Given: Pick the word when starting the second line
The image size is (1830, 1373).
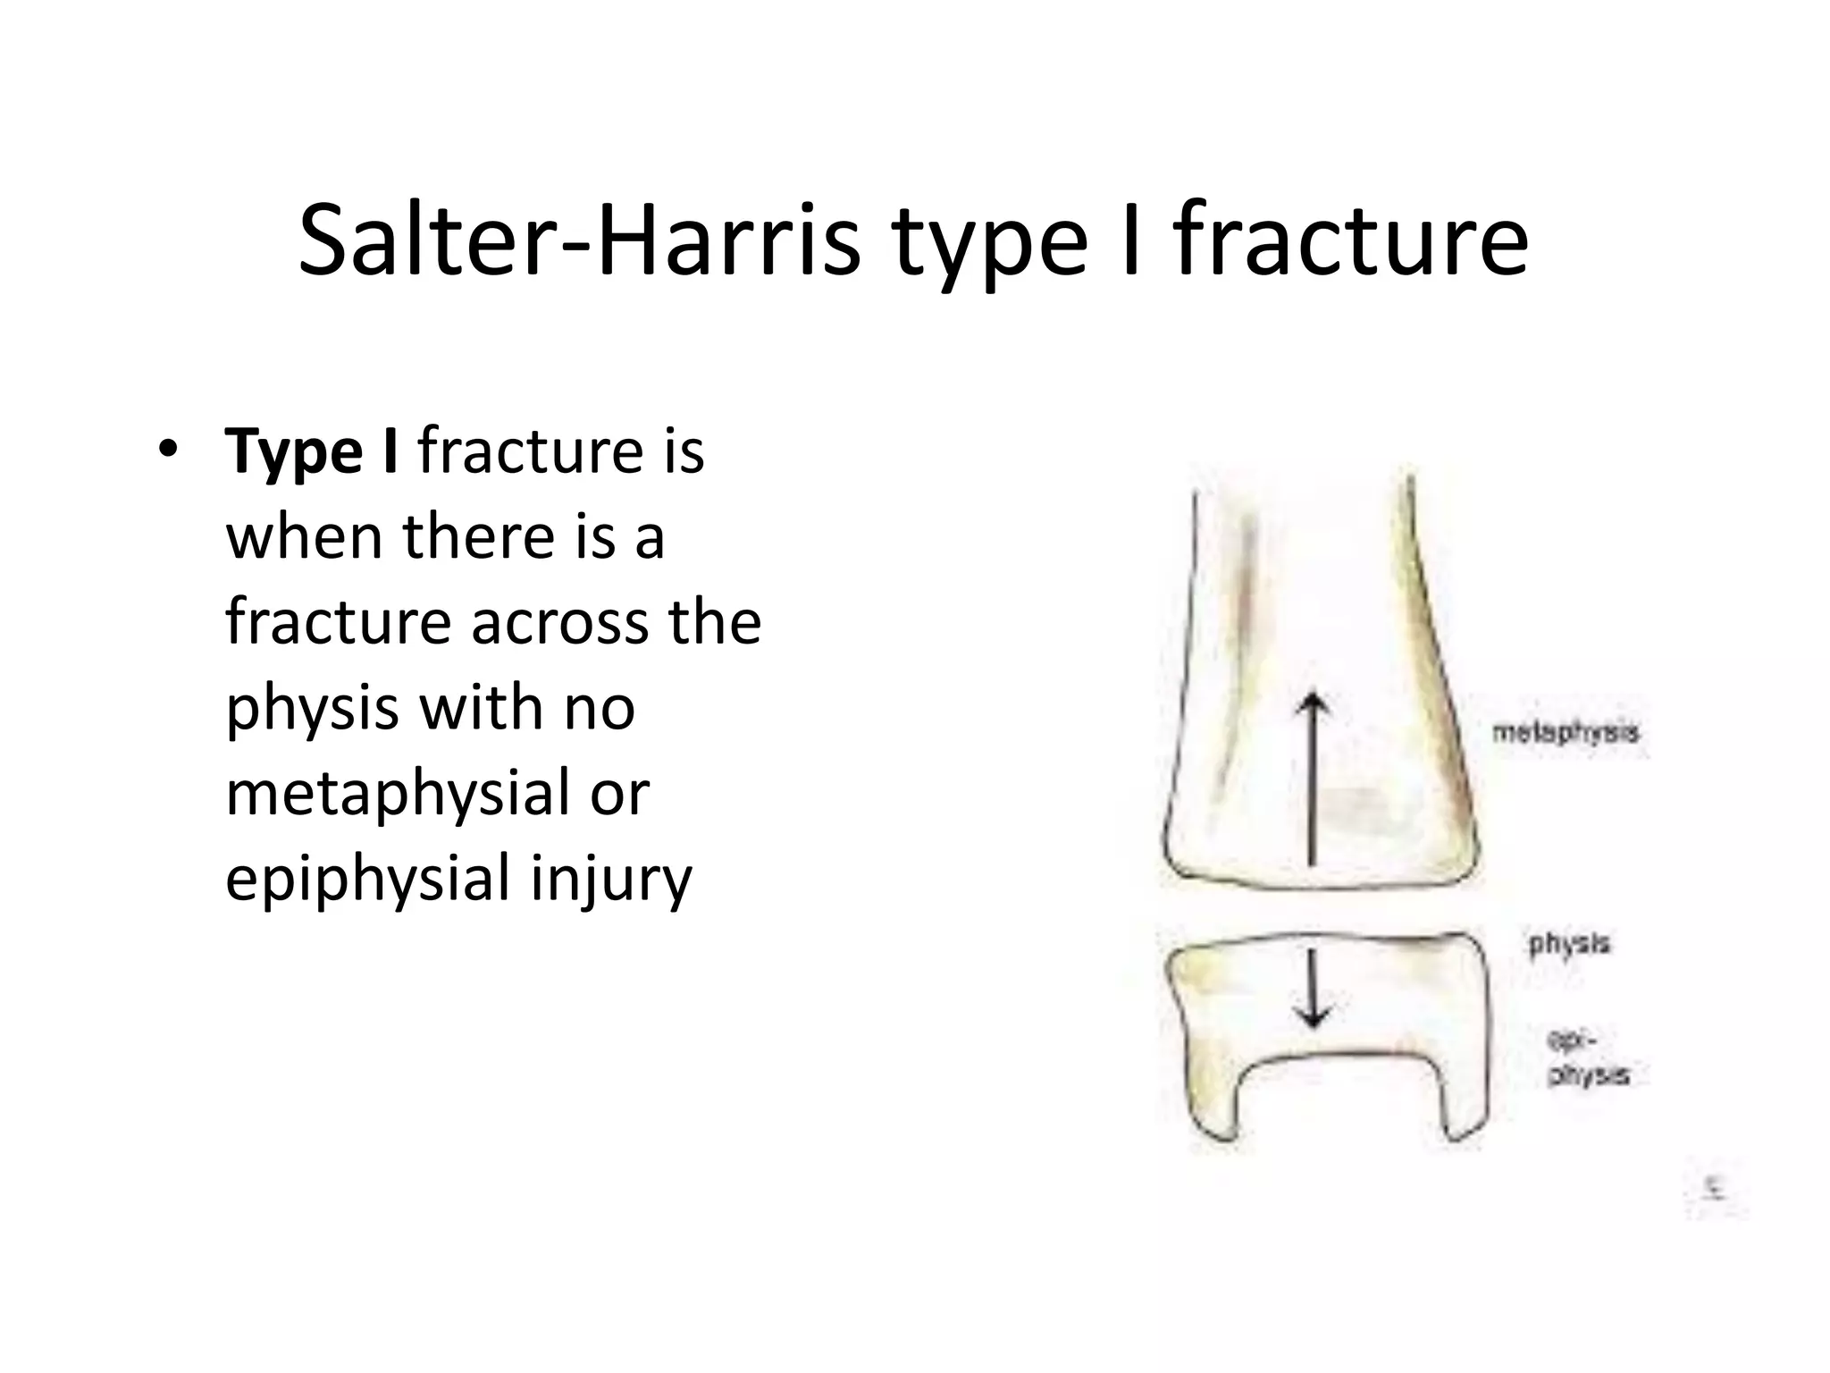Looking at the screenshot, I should (305, 537).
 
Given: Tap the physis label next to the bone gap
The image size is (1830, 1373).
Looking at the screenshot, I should (1569, 943).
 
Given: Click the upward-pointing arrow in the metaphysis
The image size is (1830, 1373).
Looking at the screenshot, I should (1313, 778).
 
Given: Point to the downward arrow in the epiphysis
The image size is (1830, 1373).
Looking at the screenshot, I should (1313, 988).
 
